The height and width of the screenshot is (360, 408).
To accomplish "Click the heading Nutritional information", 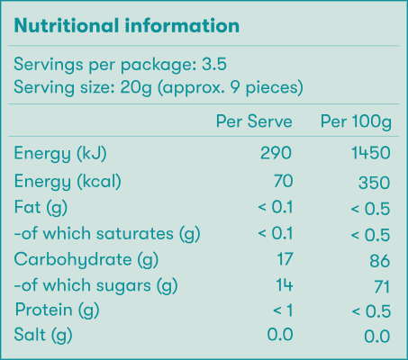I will coord(126,25).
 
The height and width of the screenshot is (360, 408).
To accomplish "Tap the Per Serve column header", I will coord(255,121).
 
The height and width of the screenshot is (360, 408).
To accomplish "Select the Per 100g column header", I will coord(355,121).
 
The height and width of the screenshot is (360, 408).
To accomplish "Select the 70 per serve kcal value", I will coord(283,180).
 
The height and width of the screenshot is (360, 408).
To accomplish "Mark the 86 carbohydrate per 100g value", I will coord(379,261).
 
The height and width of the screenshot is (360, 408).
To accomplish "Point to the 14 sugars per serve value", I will coord(284,286).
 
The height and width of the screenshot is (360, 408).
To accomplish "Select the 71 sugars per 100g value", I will coord(380,287).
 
